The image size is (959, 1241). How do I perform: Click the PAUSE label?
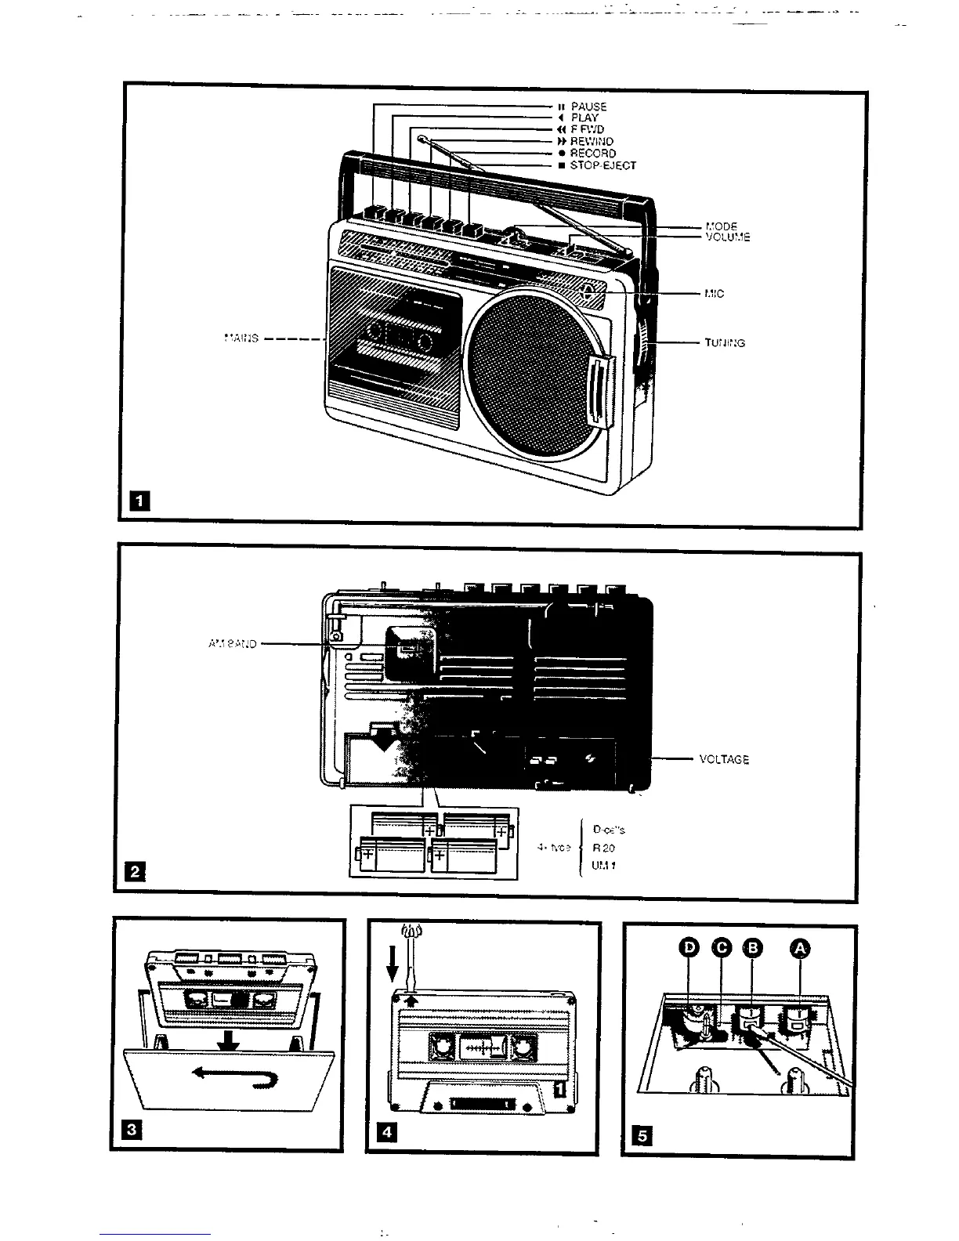coord(588,107)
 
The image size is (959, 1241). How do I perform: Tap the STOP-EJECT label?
coord(603,165)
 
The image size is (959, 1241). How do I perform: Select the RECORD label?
coord(593,154)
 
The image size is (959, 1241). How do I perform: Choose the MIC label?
coord(714,294)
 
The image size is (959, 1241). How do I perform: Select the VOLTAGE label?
coord(724,759)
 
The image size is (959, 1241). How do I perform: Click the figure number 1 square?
coord(139,500)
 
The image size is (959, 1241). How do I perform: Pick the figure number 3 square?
coord(132,1129)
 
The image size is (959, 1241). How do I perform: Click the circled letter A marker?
coord(799,949)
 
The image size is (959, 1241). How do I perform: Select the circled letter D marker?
coord(689,949)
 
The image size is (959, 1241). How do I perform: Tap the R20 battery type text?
coord(604,848)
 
